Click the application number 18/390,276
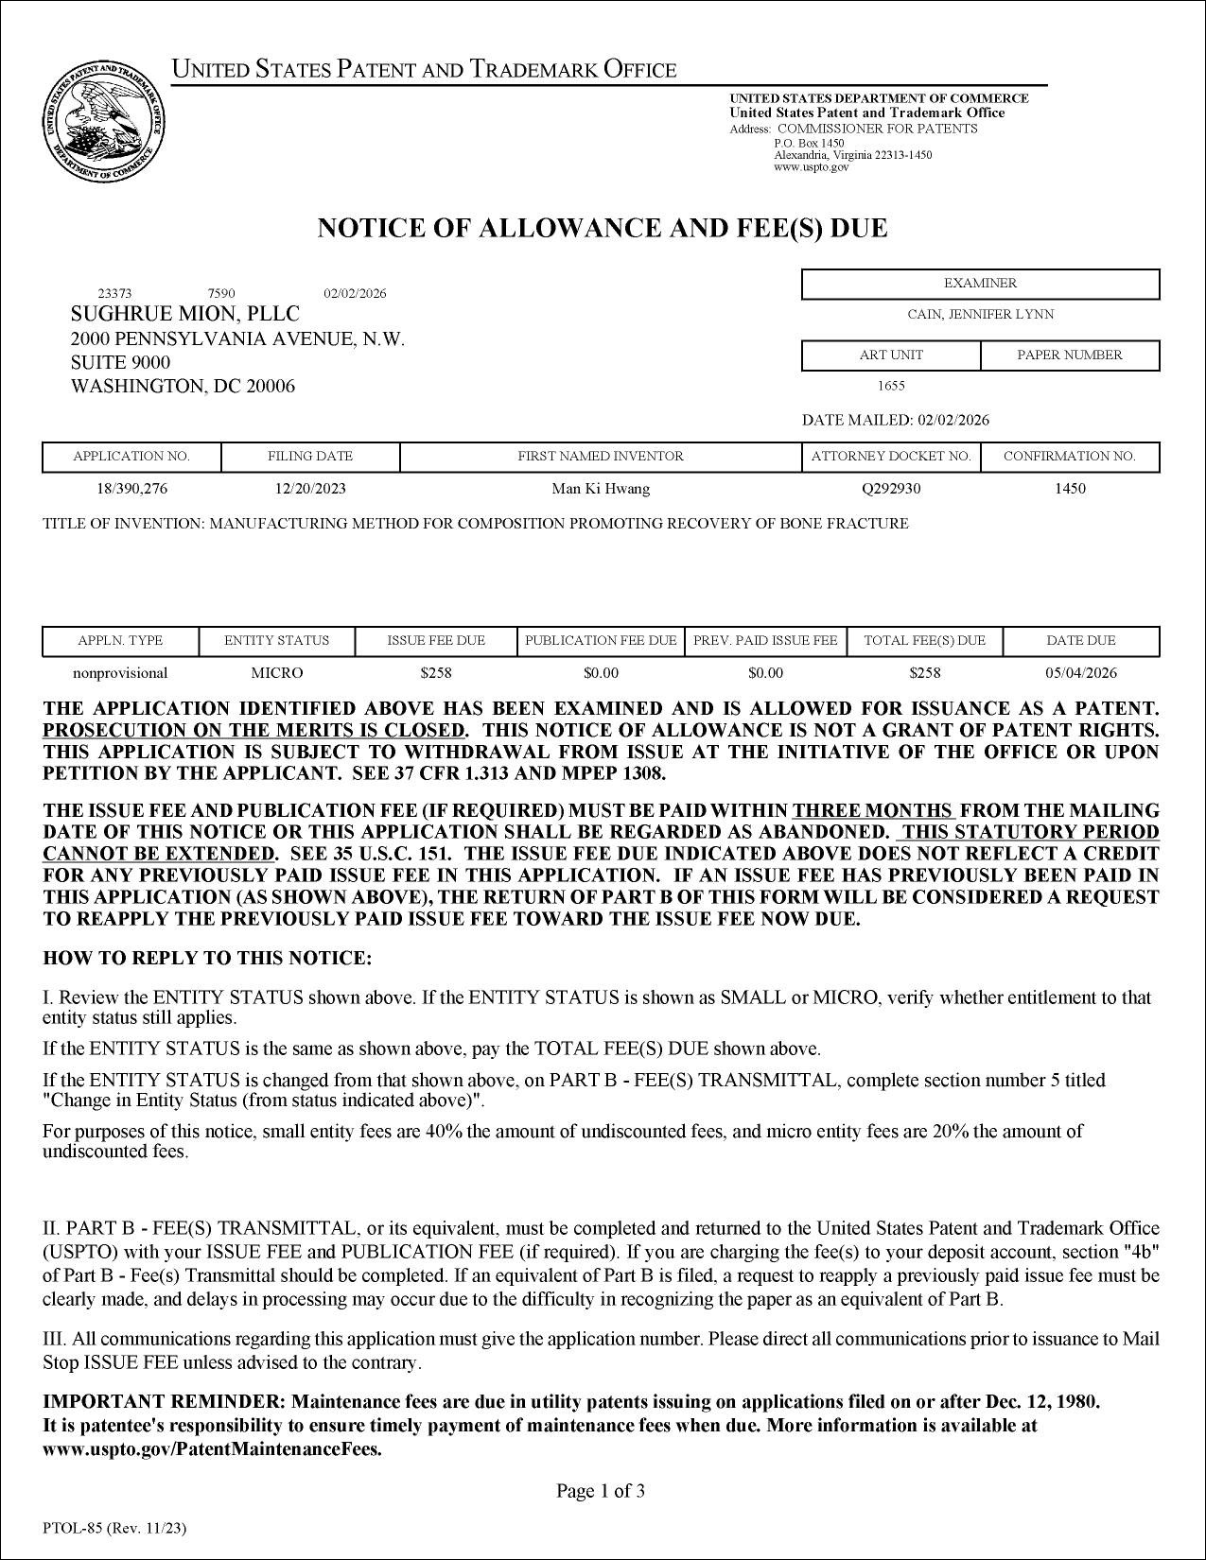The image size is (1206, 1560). [x=131, y=489]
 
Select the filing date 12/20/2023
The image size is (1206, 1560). [x=310, y=489]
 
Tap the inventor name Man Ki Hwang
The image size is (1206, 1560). [x=601, y=489]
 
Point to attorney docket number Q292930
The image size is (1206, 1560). [x=890, y=489]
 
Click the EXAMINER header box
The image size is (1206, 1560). [x=980, y=284]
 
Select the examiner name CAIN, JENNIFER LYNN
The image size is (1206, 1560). [x=980, y=315]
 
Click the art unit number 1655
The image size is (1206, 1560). [x=891, y=386]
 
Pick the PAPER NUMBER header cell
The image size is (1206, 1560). [x=1069, y=355]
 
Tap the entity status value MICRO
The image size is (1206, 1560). [x=276, y=673]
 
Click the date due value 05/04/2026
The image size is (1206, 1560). [x=1081, y=673]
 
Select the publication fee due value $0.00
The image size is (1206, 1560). [x=601, y=673]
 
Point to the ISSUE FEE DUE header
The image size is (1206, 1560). [x=436, y=641]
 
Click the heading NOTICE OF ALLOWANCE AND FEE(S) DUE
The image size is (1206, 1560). [x=602, y=229]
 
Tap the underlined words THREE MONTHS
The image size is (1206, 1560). [x=873, y=811]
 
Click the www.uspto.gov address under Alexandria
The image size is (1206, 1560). [x=811, y=167]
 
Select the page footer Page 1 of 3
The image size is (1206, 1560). [x=601, y=1492]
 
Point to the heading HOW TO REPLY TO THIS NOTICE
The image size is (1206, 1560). [x=208, y=959]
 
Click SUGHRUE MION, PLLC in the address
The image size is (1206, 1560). [x=185, y=314]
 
